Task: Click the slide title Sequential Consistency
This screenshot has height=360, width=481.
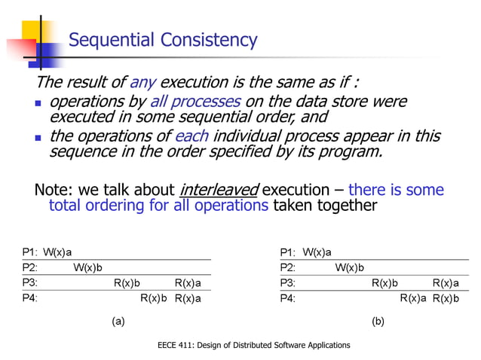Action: pyautogui.click(x=163, y=40)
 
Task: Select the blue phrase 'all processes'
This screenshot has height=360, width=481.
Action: pyautogui.click(x=195, y=102)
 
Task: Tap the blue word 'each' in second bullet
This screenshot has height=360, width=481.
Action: pyautogui.click(x=191, y=136)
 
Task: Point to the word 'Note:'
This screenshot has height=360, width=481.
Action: pyautogui.click(x=55, y=190)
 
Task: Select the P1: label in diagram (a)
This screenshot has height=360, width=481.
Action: pyautogui.click(x=29, y=252)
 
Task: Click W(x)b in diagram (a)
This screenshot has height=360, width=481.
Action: pyautogui.click(x=87, y=267)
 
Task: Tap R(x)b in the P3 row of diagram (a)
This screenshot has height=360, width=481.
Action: pyautogui.click(x=127, y=283)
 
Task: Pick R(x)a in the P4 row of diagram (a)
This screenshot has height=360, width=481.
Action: pyautogui.click(x=188, y=298)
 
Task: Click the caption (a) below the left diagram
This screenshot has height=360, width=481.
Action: pyautogui.click(x=118, y=321)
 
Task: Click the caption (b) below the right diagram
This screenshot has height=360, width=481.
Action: pyautogui.click(x=378, y=321)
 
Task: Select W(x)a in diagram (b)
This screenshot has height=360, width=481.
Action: pyautogui.click(x=317, y=252)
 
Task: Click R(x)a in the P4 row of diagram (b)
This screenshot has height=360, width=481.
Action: pyautogui.click(x=413, y=298)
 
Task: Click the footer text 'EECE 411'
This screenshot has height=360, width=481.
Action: pyautogui.click(x=173, y=345)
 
